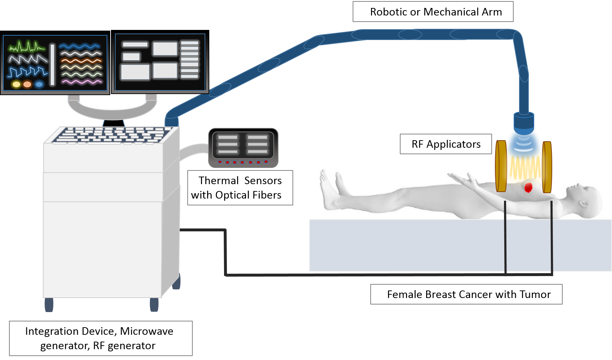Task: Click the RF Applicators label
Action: pos(446,144)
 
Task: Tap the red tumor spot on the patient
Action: pos(528,187)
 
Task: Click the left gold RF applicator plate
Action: pos(501,166)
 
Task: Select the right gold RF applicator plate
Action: pos(547,167)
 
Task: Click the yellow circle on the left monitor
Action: pos(16,84)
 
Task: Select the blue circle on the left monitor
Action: pos(39,84)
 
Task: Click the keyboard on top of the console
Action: pos(112,135)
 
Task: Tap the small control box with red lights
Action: pos(243,148)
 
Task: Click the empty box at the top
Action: pos(433,12)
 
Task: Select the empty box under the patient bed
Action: pos(466,294)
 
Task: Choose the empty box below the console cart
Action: pos(101,338)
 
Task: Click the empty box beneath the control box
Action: pos(240,188)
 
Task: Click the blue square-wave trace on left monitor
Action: pos(27,72)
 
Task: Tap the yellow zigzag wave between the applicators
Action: pos(524,169)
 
